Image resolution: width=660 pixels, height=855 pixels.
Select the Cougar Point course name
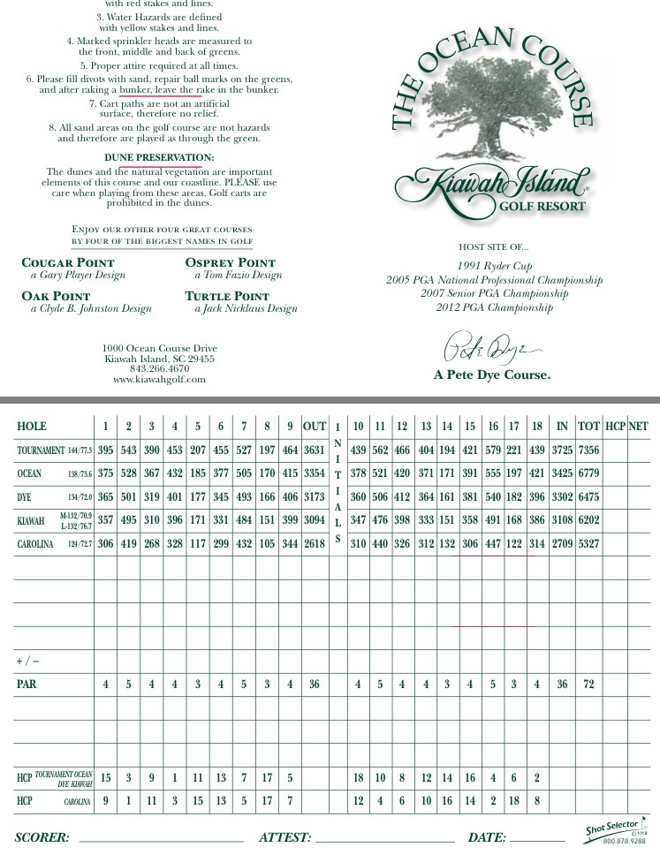(x=68, y=262)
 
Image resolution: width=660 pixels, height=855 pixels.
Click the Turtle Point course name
(x=227, y=297)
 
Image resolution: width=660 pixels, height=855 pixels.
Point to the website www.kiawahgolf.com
(x=159, y=380)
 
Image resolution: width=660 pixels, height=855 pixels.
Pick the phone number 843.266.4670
(x=159, y=369)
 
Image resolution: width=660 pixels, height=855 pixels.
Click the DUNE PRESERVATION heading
(x=159, y=158)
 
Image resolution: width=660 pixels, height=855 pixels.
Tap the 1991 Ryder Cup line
(x=494, y=266)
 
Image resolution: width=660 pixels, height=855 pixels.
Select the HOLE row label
(x=32, y=427)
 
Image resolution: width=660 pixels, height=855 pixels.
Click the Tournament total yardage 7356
(x=588, y=450)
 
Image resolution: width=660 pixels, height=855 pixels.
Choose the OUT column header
(x=315, y=427)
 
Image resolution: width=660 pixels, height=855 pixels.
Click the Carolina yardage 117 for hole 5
(x=198, y=544)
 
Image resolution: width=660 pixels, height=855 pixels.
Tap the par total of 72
(x=588, y=685)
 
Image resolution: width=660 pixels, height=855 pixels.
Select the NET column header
(x=638, y=427)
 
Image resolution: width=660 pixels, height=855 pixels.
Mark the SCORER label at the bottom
(x=42, y=837)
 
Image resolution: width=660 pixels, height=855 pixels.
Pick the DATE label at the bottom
(x=487, y=837)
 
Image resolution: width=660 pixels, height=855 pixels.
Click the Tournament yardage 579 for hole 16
(x=493, y=450)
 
